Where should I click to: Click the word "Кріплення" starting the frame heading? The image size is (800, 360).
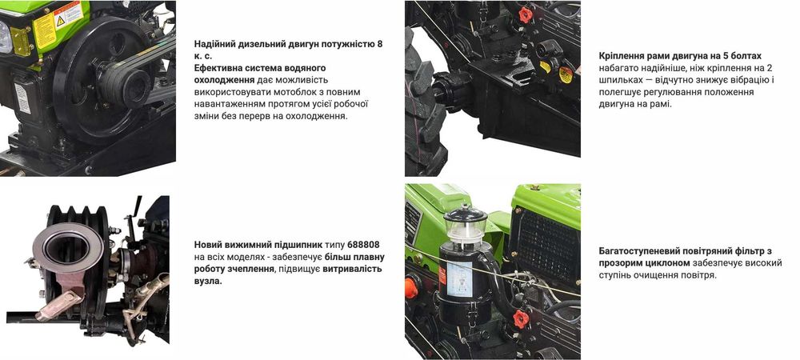624,56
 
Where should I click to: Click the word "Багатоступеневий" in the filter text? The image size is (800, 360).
646,250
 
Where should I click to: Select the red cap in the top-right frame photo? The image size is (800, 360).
526,14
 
